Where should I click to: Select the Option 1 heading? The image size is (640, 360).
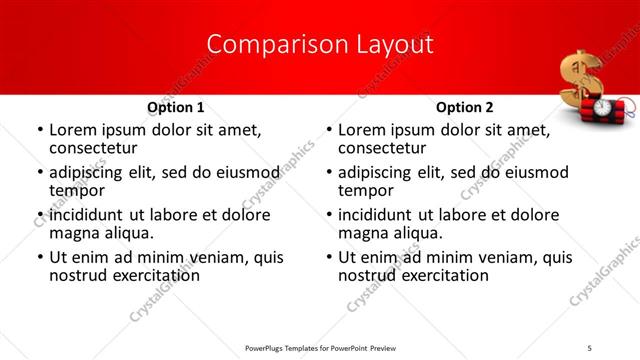(x=175, y=107)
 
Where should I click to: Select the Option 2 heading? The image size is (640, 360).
(x=465, y=107)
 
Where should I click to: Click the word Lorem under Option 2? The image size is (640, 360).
(x=362, y=130)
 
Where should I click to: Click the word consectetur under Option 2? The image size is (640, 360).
(x=384, y=148)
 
